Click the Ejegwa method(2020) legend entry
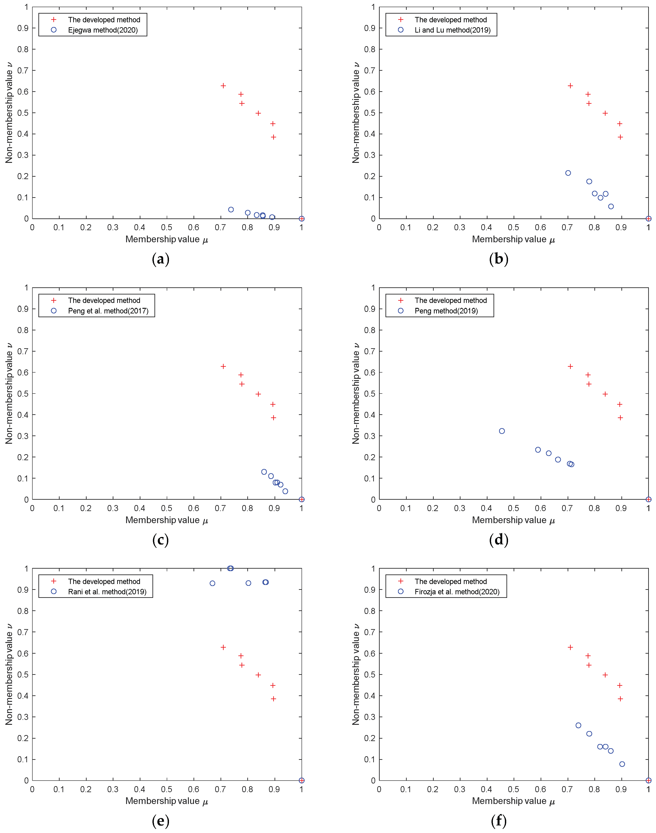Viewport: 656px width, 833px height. pos(102,30)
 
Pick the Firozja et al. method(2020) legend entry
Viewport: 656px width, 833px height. pos(457,592)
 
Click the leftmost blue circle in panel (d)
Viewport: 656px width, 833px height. pos(502,431)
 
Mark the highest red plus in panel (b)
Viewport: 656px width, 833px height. pos(570,86)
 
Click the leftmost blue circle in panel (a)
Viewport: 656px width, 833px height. pos(231,210)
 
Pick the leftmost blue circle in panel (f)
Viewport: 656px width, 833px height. pos(578,725)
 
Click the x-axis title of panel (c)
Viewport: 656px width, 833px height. pos(166,520)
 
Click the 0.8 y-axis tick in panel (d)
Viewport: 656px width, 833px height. pos(369,330)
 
